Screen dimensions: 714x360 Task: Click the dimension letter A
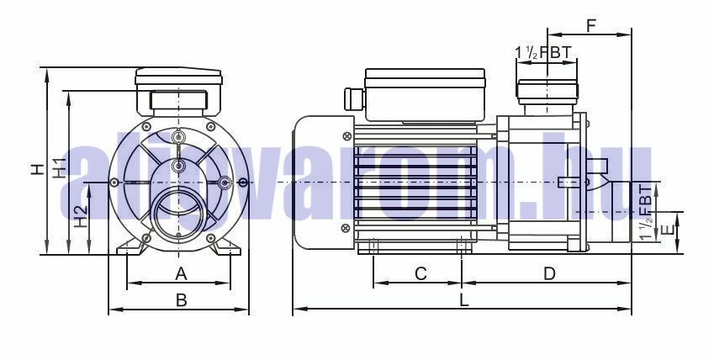click(181, 274)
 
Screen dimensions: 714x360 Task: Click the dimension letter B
click(181, 300)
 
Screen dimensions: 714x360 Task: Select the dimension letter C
click(420, 274)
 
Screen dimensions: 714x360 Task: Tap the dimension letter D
click(550, 274)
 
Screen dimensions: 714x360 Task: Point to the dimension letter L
click(464, 300)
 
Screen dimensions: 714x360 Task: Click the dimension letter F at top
click(591, 26)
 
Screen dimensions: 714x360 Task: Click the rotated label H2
click(81, 217)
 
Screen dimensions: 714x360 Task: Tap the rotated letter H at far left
click(38, 169)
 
